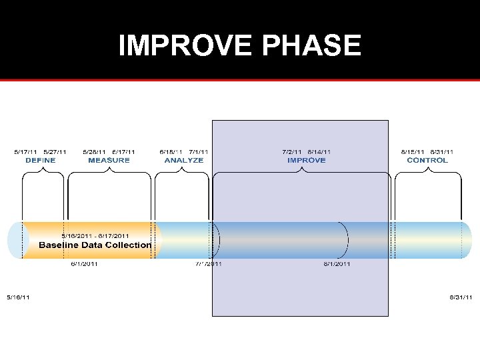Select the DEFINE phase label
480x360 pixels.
[x=41, y=160]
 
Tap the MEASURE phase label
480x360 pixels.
[x=109, y=160]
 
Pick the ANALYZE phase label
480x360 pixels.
[x=184, y=160]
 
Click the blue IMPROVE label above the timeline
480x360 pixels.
[x=307, y=160]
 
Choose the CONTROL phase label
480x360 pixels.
[x=427, y=160]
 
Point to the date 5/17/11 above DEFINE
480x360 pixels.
[x=27, y=152]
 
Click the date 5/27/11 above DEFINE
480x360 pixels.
[x=55, y=152]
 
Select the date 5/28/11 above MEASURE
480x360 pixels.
[x=95, y=152]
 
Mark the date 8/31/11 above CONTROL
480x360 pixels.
[x=442, y=152]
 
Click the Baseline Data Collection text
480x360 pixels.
[x=95, y=245]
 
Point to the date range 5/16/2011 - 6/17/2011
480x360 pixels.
[x=95, y=235]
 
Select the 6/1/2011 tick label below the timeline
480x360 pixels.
[x=85, y=264]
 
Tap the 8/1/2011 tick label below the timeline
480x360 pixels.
[x=337, y=264]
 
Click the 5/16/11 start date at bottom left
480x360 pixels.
[x=18, y=297]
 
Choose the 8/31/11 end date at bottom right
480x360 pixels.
[x=461, y=297]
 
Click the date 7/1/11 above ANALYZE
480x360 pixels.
[x=199, y=152]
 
